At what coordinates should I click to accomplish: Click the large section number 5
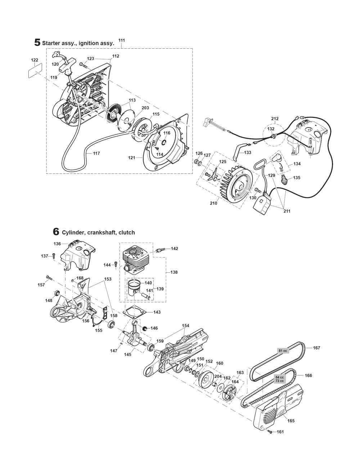pos(37,43)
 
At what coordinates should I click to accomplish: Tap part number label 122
pos(34,60)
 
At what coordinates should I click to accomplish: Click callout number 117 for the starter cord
pos(86,153)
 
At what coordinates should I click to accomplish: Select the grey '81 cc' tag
pos(283,351)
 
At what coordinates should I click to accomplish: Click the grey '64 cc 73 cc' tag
pos(280,379)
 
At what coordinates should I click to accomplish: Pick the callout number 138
pos(174,272)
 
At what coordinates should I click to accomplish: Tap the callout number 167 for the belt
pos(316,348)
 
